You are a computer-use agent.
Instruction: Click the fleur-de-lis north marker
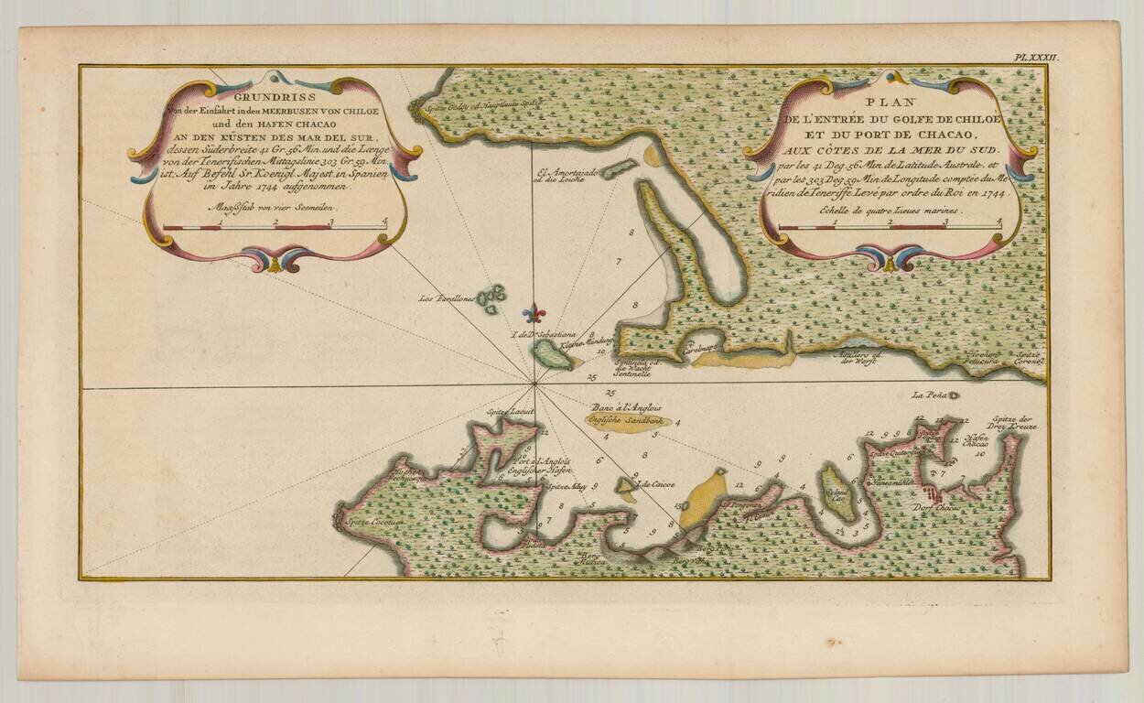[534, 314]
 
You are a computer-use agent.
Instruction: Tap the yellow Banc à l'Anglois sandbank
[629, 422]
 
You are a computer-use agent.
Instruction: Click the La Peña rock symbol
[954, 395]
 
